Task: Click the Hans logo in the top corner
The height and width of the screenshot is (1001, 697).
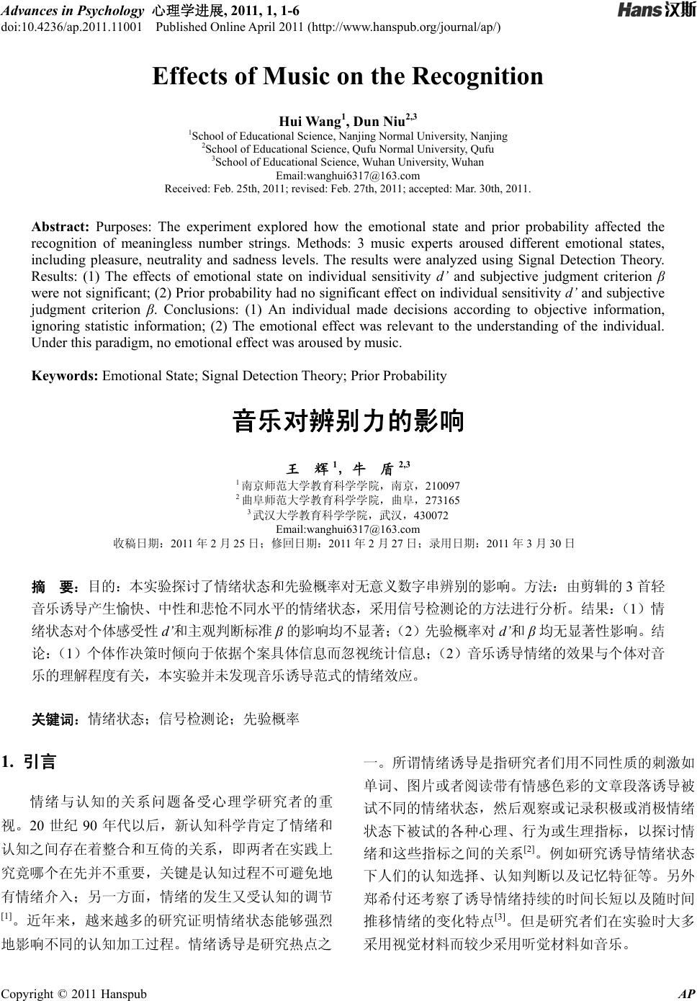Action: coord(655,11)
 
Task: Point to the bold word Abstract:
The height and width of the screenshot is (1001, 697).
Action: coord(60,227)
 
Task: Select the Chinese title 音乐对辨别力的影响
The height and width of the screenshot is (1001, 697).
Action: coord(348,421)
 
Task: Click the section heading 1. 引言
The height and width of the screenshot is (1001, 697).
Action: coord(30,762)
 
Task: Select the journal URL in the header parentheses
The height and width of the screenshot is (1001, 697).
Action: coord(403,27)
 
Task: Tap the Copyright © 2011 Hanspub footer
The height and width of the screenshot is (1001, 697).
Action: coord(73,995)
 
